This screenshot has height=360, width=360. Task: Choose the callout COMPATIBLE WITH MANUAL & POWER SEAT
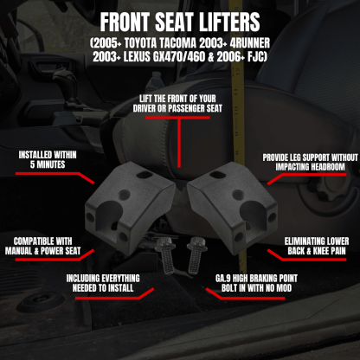[x=43, y=245]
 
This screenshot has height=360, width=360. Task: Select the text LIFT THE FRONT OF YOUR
[x=180, y=100]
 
